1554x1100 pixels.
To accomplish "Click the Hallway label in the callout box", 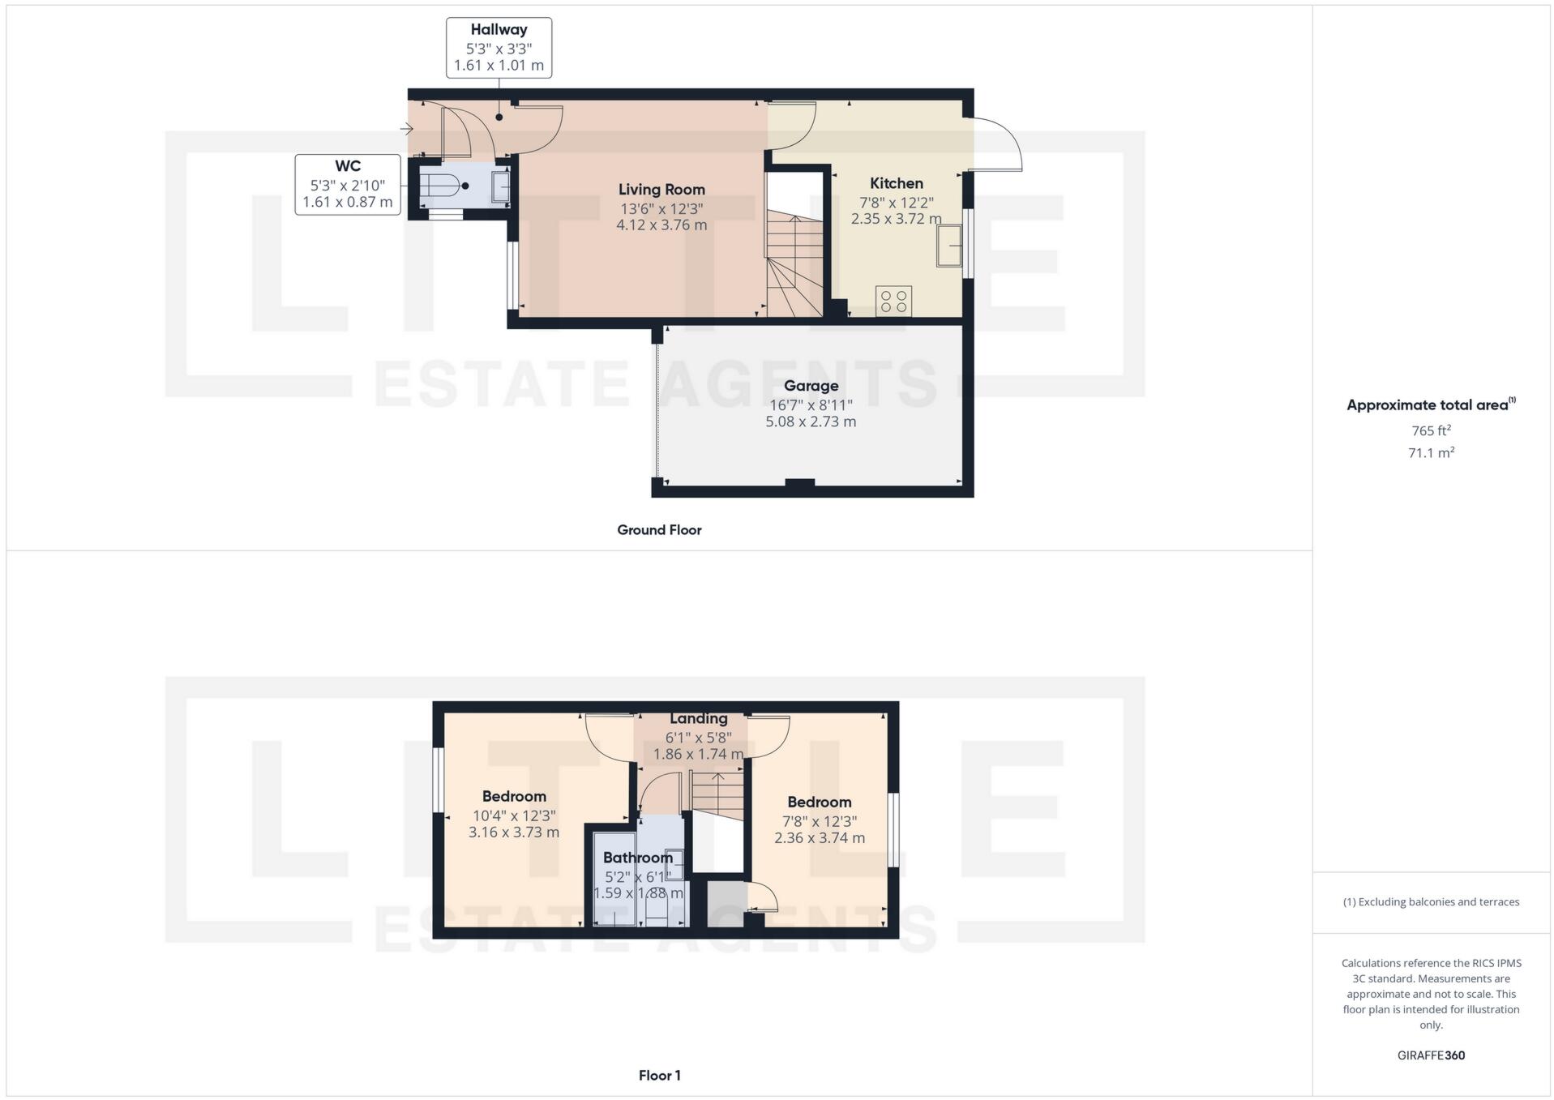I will (499, 30).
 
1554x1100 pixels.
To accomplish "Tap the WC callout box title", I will (347, 166).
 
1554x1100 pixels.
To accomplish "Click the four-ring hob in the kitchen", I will (893, 302).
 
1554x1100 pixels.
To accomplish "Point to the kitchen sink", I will (948, 246).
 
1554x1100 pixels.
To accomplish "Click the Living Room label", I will (661, 190).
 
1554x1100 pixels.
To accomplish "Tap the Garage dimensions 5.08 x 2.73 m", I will (811, 422).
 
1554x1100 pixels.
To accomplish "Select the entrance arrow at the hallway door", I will (407, 129).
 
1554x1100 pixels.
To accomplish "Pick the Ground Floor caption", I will (659, 530).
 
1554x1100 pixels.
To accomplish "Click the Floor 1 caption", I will (659, 1076).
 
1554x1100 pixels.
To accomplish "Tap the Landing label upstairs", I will (698, 719).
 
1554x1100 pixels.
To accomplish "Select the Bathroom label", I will (638, 858).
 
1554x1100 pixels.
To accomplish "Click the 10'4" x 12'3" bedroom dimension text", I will (514, 816).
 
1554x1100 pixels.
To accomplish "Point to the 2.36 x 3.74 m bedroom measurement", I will (819, 838).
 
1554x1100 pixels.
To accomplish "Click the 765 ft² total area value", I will (1431, 431).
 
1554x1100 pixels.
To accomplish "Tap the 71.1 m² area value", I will (1431, 453).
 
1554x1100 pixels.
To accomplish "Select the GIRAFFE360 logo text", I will (1431, 1055).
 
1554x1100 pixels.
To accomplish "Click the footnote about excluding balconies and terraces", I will (1431, 902).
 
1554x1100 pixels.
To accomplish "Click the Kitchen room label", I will (896, 183).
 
